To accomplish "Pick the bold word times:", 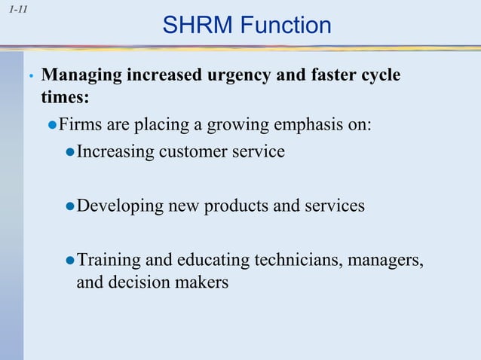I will [x=65, y=98].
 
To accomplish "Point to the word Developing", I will [x=118, y=205].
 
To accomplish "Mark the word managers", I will [x=385, y=260].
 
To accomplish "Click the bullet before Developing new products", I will [x=70, y=206].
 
